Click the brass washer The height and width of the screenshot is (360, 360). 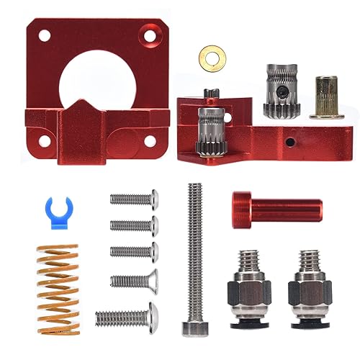click(x=210, y=54)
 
